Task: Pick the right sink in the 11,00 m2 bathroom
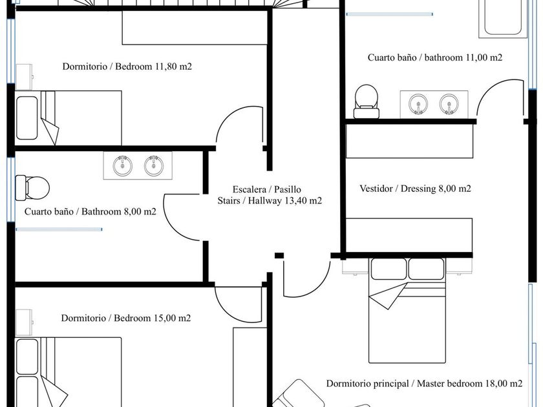(449, 103)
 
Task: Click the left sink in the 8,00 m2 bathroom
(123, 166)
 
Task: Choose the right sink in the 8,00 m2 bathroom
(154, 166)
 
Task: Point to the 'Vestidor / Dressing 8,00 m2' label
(415, 189)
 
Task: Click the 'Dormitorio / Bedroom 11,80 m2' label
(127, 66)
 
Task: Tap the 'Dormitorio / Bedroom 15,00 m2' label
(126, 318)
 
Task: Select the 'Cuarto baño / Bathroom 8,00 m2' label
(90, 211)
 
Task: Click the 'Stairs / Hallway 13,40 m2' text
(270, 201)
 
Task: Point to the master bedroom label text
(424, 383)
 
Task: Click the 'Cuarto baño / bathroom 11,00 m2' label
(435, 57)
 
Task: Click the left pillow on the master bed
(389, 268)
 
